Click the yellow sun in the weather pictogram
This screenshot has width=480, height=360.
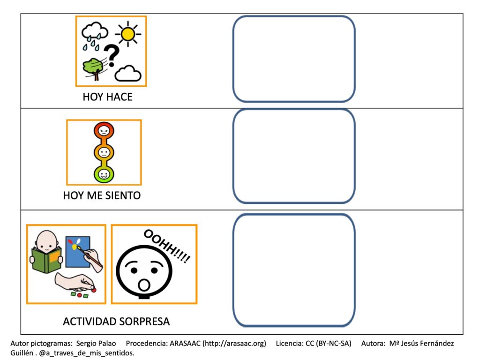pyautogui.click(x=128, y=34)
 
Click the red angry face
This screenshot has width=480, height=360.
pyautogui.click(x=104, y=131)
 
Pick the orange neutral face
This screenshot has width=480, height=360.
pyautogui.click(x=104, y=152)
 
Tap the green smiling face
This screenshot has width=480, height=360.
pyautogui.click(x=104, y=174)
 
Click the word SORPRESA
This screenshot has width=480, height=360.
pyautogui.click(x=144, y=322)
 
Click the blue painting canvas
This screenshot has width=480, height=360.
pyautogui.click(x=78, y=251)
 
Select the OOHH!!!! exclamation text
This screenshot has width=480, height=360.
pyautogui.click(x=167, y=246)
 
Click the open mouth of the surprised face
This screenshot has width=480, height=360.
pyautogui.click(x=144, y=285)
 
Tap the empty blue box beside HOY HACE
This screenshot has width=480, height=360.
pyautogui.click(x=294, y=59)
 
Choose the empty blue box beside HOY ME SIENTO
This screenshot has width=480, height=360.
pyautogui.click(x=294, y=156)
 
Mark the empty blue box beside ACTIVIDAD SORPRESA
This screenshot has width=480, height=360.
pyautogui.click(x=294, y=270)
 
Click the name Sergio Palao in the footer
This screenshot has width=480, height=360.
pyautogui.click(x=96, y=344)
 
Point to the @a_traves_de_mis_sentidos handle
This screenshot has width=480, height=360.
pyautogui.click(x=87, y=353)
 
